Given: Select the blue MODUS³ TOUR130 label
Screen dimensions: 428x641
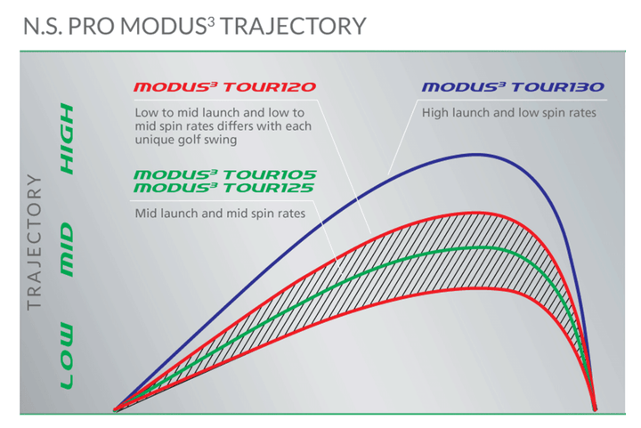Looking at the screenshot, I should click(x=513, y=87).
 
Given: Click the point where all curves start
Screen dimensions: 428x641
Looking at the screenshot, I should click(x=115, y=410).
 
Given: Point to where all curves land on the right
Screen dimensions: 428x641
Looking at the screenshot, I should click(x=596, y=409).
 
